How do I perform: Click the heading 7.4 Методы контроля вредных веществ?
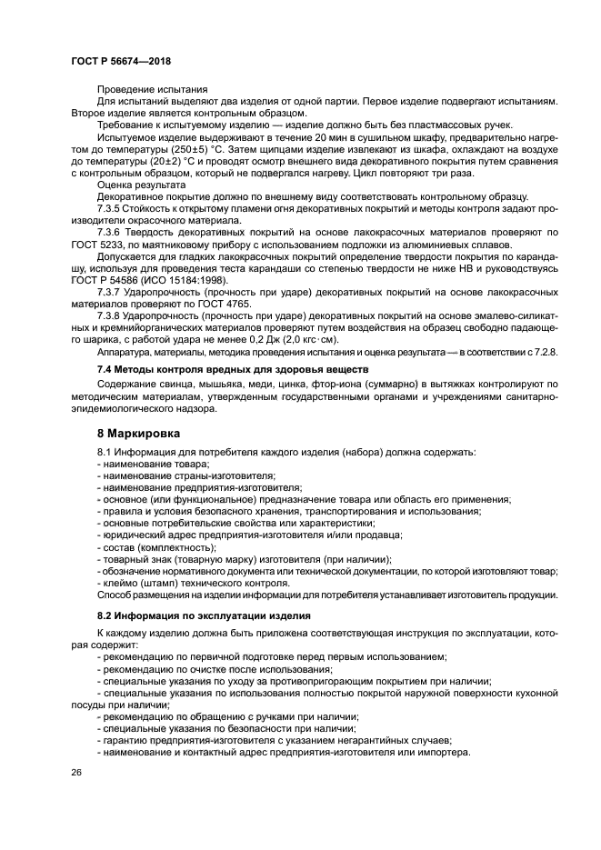click(232, 369)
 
